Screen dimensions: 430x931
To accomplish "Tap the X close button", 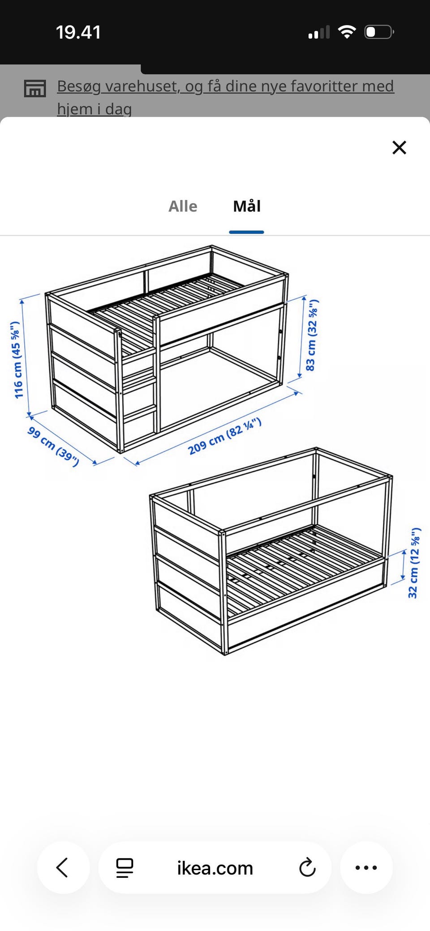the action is [399, 147].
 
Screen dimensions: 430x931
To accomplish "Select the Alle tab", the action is [183, 206].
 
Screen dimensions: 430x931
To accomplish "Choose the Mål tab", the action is [247, 206].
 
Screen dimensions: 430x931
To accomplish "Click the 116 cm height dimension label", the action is [17, 360].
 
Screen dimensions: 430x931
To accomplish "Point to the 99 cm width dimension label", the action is [53, 446].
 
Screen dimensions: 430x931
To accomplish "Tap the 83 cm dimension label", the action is [312, 336].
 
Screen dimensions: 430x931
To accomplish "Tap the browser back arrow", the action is [62, 867].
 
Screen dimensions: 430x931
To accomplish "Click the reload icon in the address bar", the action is [307, 867].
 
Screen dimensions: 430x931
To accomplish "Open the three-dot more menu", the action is [366, 867].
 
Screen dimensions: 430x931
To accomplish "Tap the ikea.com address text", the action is [215, 868].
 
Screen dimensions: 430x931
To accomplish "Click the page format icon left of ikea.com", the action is [125, 868].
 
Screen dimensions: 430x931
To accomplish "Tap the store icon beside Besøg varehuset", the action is [34, 89].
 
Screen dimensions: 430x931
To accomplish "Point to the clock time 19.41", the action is [78, 32].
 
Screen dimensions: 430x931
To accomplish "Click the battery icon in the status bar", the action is [379, 32].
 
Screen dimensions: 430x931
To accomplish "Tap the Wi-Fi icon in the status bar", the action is [347, 32].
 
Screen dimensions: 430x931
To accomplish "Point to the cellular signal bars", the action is [319, 32].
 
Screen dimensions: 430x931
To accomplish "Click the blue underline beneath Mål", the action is [246, 232].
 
